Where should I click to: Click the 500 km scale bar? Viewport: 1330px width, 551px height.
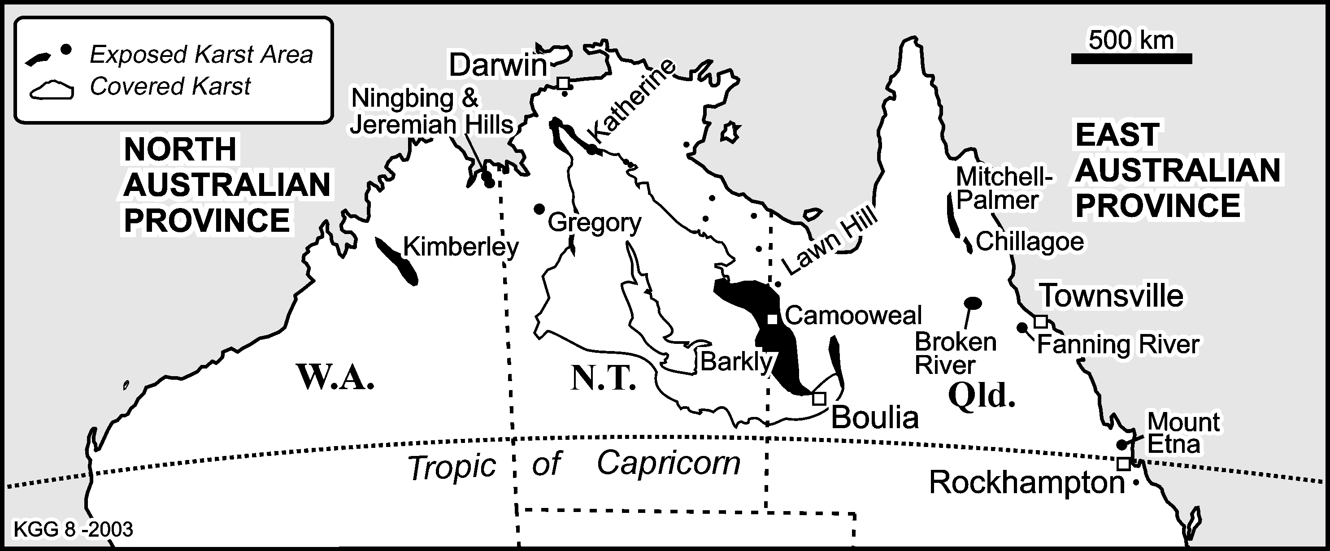click(x=1131, y=59)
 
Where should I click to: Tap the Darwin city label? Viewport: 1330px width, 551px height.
click(x=498, y=65)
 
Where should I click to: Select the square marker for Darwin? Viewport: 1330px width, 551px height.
click(x=564, y=82)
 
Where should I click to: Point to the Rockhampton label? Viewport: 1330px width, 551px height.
click(x=1026, y=483)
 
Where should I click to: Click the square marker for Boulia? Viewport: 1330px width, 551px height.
click(x=819, y=398)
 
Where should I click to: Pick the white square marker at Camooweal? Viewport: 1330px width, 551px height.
click(x=772, y=319)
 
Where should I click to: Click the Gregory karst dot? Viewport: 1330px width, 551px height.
click(x=539, y=209)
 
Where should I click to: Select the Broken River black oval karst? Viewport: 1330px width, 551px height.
click(x=973, y=303)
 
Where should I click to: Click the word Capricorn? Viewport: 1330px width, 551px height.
click(x=669, y=463)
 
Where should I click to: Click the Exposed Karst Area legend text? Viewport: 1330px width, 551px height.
click(x=201, y=54)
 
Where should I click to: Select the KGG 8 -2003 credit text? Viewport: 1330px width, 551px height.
click(x=73, y=529)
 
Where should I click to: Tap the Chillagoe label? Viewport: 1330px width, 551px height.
click(x=1030, y=242)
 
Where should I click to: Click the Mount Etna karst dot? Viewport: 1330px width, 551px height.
click(x=1121, y=445)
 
